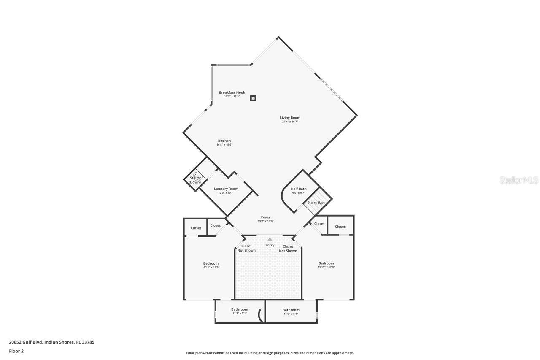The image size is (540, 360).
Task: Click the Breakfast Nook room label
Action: pyautogui.click(x=232, y=92)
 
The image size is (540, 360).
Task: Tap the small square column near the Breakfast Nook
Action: pyautogui.click(x=253, y=98)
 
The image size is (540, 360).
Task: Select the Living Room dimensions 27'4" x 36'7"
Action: pyautogui.click(x=290, y=122)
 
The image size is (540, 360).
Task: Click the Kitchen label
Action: pyautogui.click(x=224, y=141)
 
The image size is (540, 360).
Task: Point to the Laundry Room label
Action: pyautogui.click(x=226, y=189)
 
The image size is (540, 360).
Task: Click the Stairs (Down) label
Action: pyautogui.click(x=194, y=180)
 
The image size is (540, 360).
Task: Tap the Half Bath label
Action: pyautogui.click(x=299, y=189)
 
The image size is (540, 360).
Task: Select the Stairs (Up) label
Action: pyautogui.click(x=316, y=203)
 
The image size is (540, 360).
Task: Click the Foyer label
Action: pyautogui.click(x=266, y=217)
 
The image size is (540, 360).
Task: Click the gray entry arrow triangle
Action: pyautogui.click(x=270, y=239)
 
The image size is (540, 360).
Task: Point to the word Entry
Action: pyautogui.click(x=270, y=245)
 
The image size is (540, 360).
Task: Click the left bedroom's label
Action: pyautogui.click(x=211, y=263)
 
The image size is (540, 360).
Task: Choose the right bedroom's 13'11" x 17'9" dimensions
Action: pyautogui.click(x=326, y=267)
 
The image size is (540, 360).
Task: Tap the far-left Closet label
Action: pyautogui.click(x=196, y=228)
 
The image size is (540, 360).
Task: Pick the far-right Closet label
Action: pyautogui.click(x=340, y=227)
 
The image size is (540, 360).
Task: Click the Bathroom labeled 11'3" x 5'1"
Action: pyautogui.click(x=240, y=309)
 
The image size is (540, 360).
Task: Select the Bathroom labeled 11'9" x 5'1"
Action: pyautogui.click(x=291, y=310)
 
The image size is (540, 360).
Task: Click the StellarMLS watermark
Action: pyautogui.click(x=519, y=180)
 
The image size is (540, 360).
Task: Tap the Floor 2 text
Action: pyautogui.click(x=16, y=351)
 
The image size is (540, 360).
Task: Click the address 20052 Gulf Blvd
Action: pyautogui.click(x=26, y=342)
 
